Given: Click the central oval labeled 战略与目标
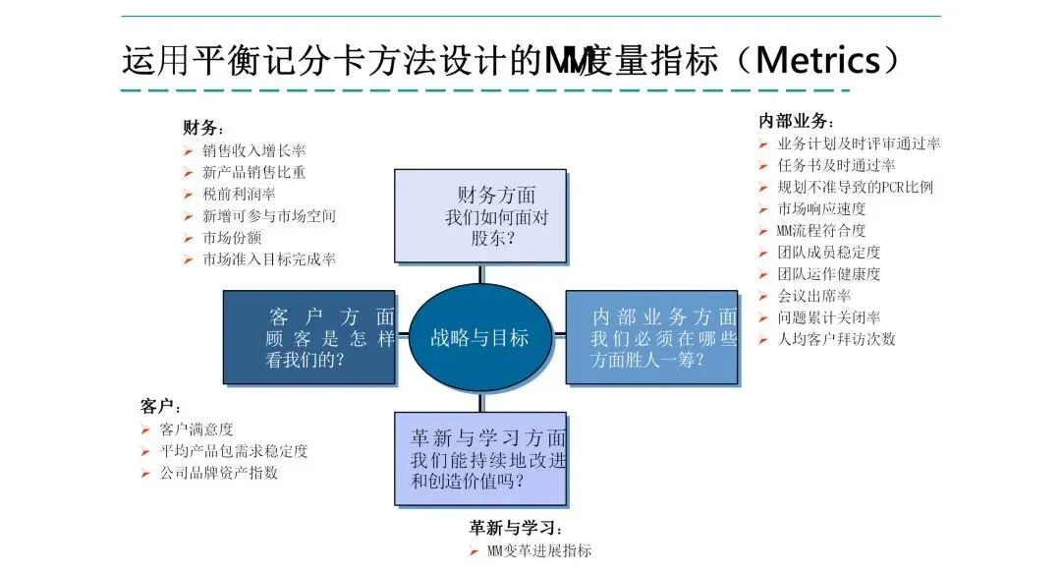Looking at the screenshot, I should (479, 338).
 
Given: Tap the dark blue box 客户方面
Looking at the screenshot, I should (309, 338).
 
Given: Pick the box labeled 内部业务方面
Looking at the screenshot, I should (651, 338).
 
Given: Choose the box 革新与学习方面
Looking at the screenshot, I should (480, 458).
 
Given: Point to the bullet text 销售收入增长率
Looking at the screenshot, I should (253, 151).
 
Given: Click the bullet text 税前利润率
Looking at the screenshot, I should (239, 195).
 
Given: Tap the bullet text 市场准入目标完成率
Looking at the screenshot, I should (268, 259).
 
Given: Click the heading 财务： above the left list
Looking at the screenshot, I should (202, 128).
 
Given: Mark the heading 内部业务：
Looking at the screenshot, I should (796, 121).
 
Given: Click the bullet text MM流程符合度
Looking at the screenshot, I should (821, 231).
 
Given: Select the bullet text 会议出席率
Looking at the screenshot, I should (814, 296).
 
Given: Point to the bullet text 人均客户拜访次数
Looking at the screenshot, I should (836, 339).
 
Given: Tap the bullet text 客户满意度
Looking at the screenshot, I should (196, 430).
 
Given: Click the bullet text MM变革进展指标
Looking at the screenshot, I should (539, 550).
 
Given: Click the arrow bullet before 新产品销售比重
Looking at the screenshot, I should (188, 174).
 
